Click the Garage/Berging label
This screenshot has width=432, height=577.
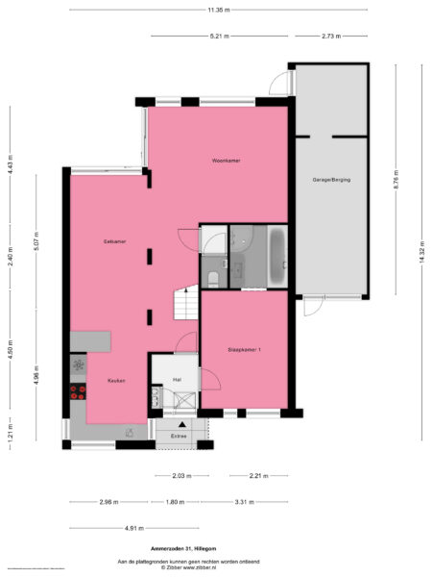coord(331,180)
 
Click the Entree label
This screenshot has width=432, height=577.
coord(179,437)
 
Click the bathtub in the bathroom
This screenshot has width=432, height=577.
coord(277,257)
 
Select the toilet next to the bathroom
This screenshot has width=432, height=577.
coord(212,278)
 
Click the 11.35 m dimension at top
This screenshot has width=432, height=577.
coord(217,11)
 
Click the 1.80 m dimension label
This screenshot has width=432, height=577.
coord(174,502)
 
